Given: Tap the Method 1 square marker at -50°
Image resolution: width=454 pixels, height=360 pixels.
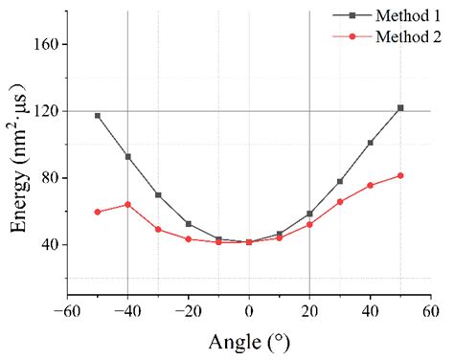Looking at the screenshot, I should point(98,116).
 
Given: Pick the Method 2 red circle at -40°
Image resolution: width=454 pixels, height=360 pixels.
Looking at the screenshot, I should point(127,204).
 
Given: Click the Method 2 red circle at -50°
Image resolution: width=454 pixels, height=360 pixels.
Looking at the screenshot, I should point(98,212).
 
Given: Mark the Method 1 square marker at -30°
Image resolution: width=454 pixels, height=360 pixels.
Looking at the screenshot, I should point(158,194).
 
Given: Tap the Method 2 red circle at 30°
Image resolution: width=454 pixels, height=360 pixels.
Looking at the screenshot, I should point(340,202).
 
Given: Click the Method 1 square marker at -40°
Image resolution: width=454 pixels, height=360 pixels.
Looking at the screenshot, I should point(127,156).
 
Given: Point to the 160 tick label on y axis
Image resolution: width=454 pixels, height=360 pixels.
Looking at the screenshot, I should point(47,45).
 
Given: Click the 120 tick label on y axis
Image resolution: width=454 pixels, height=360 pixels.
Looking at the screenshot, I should point(47,112).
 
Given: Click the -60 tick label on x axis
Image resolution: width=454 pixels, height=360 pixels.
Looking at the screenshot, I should point(65,311).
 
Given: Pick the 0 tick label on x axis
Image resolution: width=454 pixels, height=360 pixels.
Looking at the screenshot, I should point(249,311).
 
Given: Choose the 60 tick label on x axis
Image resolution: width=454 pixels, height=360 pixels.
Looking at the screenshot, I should point(431,311).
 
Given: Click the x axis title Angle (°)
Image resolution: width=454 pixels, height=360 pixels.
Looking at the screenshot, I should point(249,341).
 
